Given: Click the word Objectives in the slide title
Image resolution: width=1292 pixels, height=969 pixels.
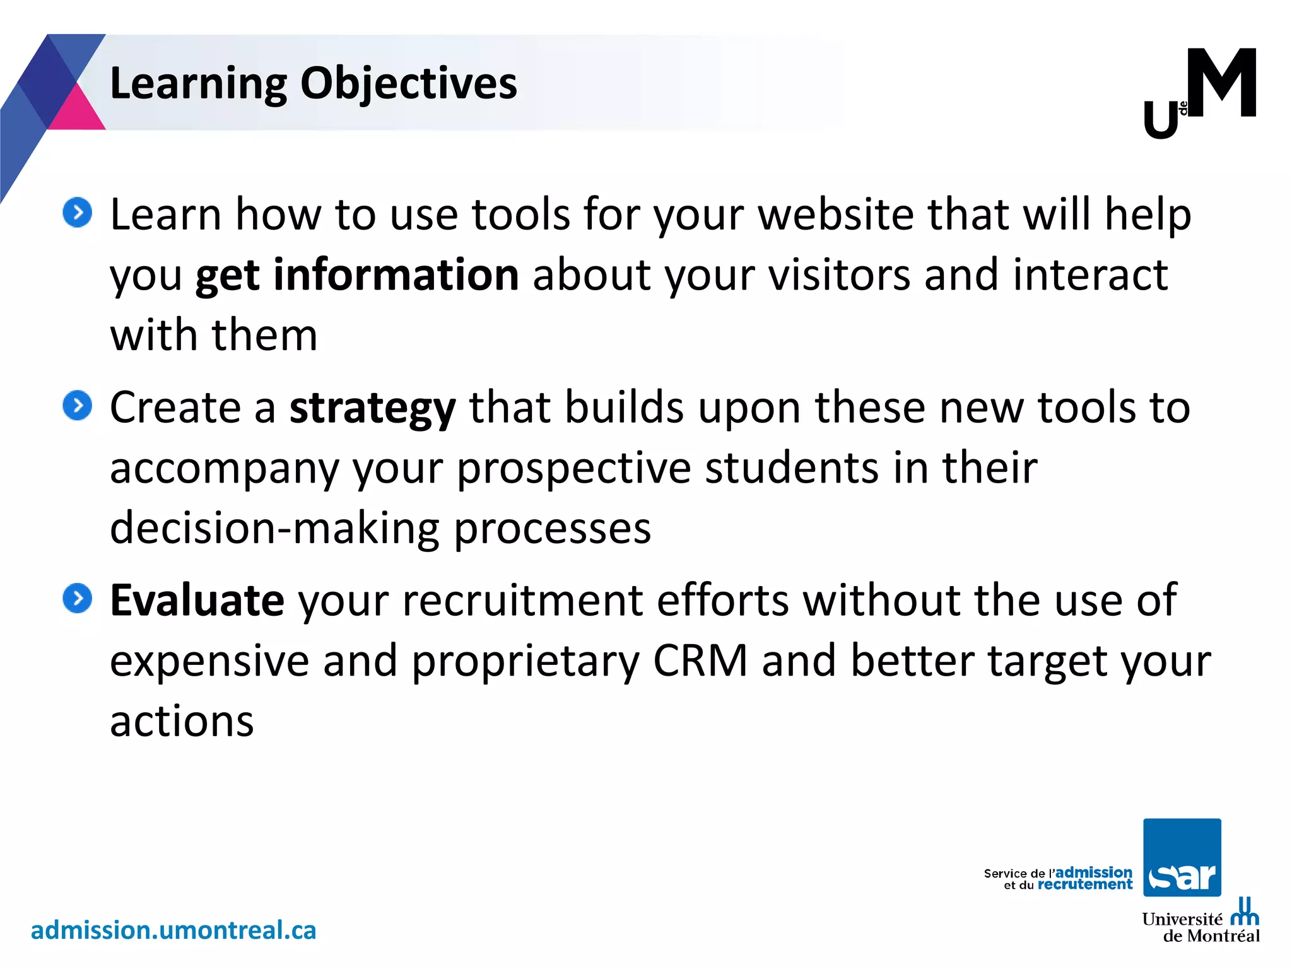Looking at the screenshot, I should [x=408, y=83].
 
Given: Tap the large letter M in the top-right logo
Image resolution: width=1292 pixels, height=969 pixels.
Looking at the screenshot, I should [x=1221, y=83].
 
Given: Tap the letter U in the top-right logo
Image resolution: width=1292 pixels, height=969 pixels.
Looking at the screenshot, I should [x=1160, y=120].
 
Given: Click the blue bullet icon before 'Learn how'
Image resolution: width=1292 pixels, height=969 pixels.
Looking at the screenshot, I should [x=78, y=213].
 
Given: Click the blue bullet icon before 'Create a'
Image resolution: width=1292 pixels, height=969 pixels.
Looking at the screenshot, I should [x=78, y=405].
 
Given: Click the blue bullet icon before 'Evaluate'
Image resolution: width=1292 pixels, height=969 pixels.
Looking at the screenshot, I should [x=78, y=598].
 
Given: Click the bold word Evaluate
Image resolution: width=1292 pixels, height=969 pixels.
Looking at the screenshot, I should [x=197, y=599].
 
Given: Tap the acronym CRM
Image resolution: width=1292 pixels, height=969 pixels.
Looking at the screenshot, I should [x=700, y=661].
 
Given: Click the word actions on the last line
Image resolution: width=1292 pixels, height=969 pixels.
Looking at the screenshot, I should [x=182, y=721].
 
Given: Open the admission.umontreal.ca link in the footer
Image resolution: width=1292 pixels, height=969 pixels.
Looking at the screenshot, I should [x=173, y=930].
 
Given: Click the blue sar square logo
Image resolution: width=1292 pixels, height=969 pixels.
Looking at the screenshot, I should [x=1182, y=857].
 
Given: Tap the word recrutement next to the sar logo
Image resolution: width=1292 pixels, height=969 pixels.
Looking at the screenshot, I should [x=1084, y=884].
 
